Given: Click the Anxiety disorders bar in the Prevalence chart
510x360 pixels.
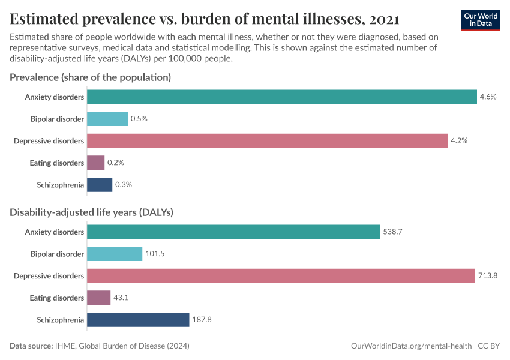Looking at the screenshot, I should point(281,97).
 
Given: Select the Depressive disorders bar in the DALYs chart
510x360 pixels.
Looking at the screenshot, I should point(281,275).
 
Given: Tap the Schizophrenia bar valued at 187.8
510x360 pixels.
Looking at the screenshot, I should point(138,320).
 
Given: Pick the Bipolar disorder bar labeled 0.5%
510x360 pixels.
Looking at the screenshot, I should point(107,119).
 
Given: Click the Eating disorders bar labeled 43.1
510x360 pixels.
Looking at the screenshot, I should point(99,298).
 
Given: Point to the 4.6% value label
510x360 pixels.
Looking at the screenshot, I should point(488,97).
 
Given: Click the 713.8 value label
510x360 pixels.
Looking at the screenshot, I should point(487,275).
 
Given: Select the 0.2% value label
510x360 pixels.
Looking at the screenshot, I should point(115,163).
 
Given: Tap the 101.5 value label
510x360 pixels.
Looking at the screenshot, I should point(155,254).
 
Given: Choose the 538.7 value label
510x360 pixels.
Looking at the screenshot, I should point(392,232).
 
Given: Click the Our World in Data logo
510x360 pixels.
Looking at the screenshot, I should point(481,20).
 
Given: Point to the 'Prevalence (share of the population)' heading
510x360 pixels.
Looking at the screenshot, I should point(91,77).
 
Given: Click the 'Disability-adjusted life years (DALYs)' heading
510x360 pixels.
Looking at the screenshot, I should point(92,212).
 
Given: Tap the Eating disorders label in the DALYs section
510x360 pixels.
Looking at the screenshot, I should point(57,298).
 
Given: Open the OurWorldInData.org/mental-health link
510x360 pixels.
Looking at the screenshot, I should point(411,346).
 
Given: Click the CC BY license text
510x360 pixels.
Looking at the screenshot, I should point(489,346).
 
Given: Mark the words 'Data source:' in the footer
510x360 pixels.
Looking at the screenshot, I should point(31,346).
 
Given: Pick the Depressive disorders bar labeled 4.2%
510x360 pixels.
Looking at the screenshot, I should point(267,140).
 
